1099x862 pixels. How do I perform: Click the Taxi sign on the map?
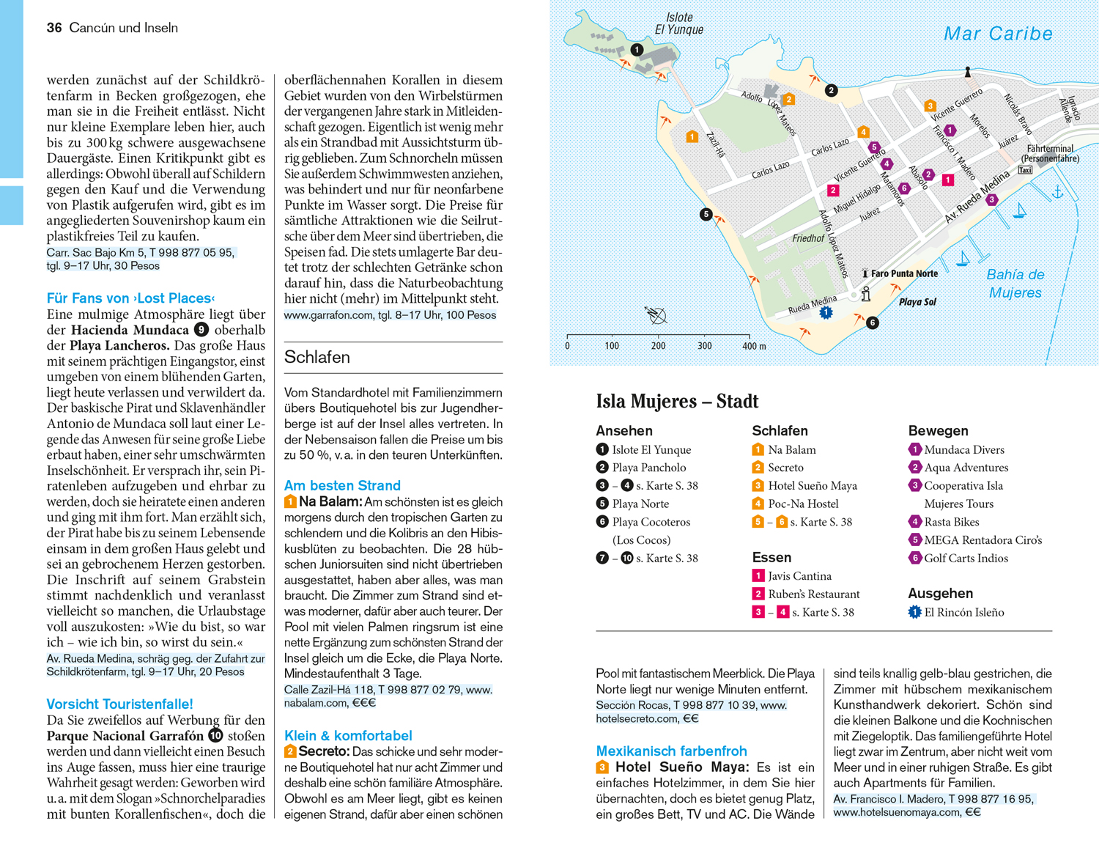click(x=1025, y=170)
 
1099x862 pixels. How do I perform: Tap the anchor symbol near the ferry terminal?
click(x=1058, y=192)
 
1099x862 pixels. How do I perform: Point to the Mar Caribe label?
click(x=998, y=34)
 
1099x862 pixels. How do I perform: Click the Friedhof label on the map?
click(x=808, y=238)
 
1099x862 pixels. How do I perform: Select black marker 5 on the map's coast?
click(x=706, y=215)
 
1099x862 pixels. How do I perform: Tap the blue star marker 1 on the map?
click(x=826, y=313)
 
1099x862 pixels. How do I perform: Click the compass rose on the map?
click(x=656, y=315)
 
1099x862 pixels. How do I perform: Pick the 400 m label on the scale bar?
click(x=754, y=346)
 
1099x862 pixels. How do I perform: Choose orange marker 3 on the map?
click(x=930, y=106)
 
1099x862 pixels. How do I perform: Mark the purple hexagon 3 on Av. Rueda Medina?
click(x=991, y=200)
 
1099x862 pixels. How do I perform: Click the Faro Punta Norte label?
click(x=904, y=273)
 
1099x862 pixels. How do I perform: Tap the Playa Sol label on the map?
click(x=917, y=302)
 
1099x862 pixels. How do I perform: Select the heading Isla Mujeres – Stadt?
click(x=677, y=402)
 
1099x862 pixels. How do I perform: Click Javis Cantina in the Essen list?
click(x=799, y=576)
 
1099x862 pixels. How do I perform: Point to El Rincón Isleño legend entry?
click(x=963, y=612)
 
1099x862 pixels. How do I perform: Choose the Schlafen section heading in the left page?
click(x=317, y=357)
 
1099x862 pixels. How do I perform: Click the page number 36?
click(x=54, y=28)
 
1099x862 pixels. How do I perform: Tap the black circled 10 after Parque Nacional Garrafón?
click(x=215, y=735)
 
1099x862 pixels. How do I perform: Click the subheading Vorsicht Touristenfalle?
click(x=119, y=704)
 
